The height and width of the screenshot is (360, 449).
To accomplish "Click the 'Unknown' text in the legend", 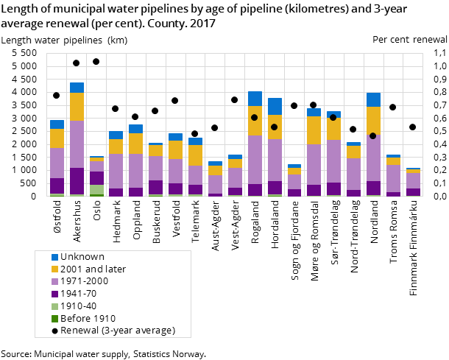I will click(x=82, y=257).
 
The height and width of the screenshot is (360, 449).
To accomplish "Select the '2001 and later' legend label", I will click(x=93, y=269).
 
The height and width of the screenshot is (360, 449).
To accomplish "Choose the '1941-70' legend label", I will click(x=78, y=294).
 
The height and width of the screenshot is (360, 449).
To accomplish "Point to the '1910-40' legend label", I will click(x=78, y=306).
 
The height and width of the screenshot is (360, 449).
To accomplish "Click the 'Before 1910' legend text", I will click(x=88, y=318).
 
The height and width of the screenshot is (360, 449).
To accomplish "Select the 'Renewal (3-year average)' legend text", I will click(x=118, y=331).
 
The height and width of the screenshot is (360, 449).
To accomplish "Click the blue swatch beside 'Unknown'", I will click(x=54, y=257).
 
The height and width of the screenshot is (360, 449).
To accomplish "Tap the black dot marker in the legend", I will click(x=54, y=331).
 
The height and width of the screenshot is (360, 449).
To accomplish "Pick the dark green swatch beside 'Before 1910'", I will click(x=54, y=318).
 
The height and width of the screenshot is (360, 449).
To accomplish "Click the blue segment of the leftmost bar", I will click(x=57, y=124).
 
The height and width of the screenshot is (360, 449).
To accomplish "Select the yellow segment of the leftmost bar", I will click(x=57, y=138).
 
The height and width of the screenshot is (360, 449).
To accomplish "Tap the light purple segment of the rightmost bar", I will click(x=413, y=180).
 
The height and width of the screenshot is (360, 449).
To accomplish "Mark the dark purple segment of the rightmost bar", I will click(x=413, y=192).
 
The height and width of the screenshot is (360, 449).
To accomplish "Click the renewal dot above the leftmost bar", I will click(x=57, y=95).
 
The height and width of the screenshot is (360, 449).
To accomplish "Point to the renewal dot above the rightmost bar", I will click(x=413, y=127).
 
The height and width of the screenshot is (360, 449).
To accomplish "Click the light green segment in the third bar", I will click(x=96, y=189).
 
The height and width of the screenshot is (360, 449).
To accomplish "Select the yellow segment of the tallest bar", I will click(x=77, y=106).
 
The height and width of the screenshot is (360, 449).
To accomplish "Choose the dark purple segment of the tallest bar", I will click(x=77, y=181).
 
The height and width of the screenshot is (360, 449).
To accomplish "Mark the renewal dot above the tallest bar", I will click(x=77, y=63).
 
